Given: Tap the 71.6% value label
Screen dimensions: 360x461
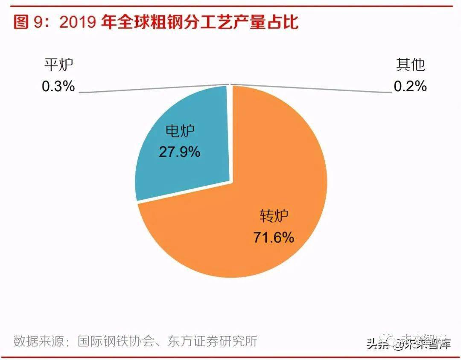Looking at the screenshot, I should click(274, 237).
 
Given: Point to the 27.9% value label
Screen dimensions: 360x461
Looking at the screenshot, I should click(179, 152).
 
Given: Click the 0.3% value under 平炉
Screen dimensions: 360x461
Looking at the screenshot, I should click(58, 87).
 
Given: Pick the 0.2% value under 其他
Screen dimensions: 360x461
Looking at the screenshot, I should click(410, 87).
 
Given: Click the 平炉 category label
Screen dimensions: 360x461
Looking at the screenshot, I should click(58, 65).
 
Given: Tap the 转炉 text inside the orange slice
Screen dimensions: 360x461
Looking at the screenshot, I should click(274, 217).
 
